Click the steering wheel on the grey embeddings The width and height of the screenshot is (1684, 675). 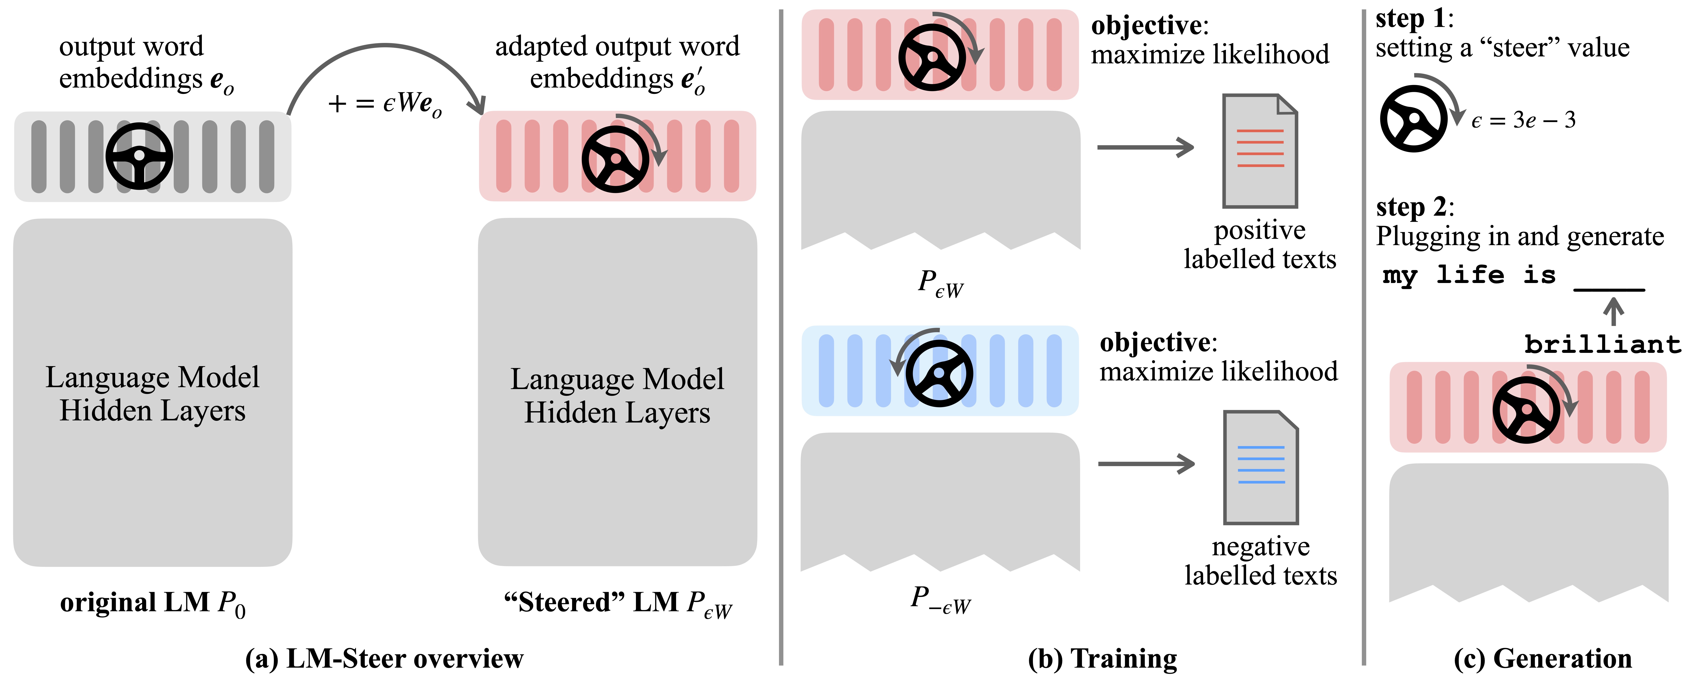click(139, 157)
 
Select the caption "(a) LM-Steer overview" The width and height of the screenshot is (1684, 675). click(384, 658)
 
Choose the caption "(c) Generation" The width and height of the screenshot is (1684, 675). click(1543, 658)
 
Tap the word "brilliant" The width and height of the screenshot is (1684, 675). click(1602, 344)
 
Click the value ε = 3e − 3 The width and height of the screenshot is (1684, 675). click(1523, 120)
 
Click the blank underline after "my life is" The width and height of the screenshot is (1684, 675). click(1609, 288)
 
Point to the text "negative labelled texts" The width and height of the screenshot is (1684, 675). click(1260, 561)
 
